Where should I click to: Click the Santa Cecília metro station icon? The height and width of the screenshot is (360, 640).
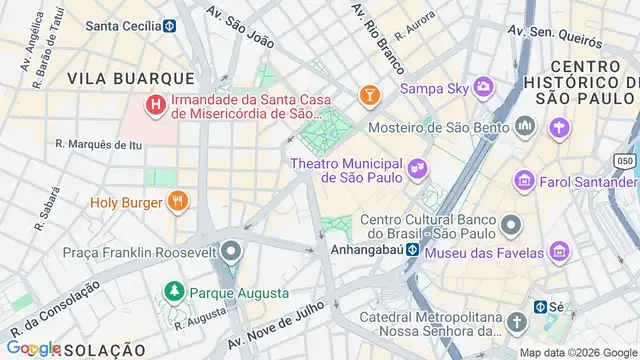coord(169,26)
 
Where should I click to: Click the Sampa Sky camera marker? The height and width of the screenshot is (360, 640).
coord(484,88)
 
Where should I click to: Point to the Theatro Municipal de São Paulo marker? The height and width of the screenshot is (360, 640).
coord(417,170)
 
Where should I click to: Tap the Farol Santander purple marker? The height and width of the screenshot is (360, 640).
coord(523,181)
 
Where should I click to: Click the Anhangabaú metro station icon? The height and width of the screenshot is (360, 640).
coord(411,250)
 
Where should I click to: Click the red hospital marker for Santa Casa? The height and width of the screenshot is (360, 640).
coord(155,104)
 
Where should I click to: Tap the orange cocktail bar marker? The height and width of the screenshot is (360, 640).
coord(370,95)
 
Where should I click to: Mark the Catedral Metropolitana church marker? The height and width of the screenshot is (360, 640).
coord(516,322)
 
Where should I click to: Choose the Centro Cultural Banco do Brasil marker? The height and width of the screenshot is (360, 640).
coord(512,223)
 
